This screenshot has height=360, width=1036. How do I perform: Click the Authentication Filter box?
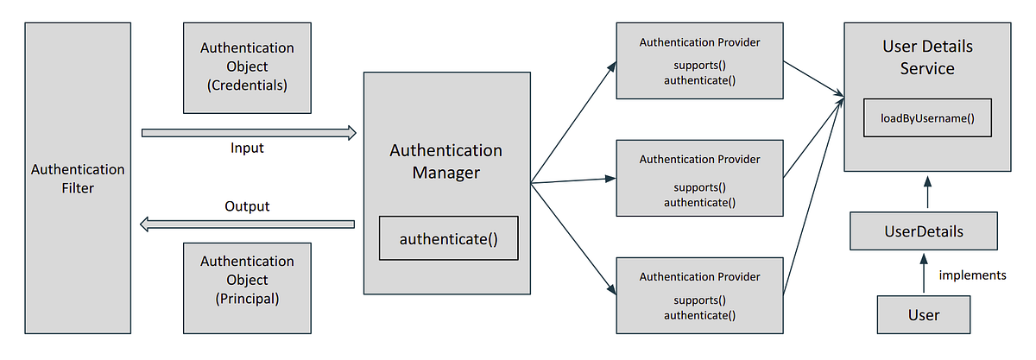tap(78, 179)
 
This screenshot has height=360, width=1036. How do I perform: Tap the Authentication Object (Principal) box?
tap(247, 280)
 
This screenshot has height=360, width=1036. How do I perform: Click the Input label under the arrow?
tap(247, 148)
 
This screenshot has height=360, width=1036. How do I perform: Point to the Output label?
tap(247, 206)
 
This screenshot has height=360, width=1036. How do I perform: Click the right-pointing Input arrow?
tap(249, 133)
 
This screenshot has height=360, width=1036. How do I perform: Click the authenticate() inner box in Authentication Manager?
tap(448, 238)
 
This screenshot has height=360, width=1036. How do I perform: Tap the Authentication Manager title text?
tap(445, 161)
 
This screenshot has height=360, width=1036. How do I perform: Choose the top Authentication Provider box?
tap(699, 60)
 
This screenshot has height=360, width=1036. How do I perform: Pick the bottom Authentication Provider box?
tap(699, 296)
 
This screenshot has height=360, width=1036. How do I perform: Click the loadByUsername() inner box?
tap(927, 118)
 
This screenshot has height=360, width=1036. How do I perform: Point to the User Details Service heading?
tap(927, 56)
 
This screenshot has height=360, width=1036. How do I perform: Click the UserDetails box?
tap(924, 231)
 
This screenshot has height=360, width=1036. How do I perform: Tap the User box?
tap(923, 315)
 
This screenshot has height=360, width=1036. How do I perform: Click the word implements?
tap(972, 275)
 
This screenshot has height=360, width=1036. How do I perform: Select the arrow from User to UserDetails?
tap(924, 274)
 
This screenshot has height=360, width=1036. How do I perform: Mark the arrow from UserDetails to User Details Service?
tap(927, 193)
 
